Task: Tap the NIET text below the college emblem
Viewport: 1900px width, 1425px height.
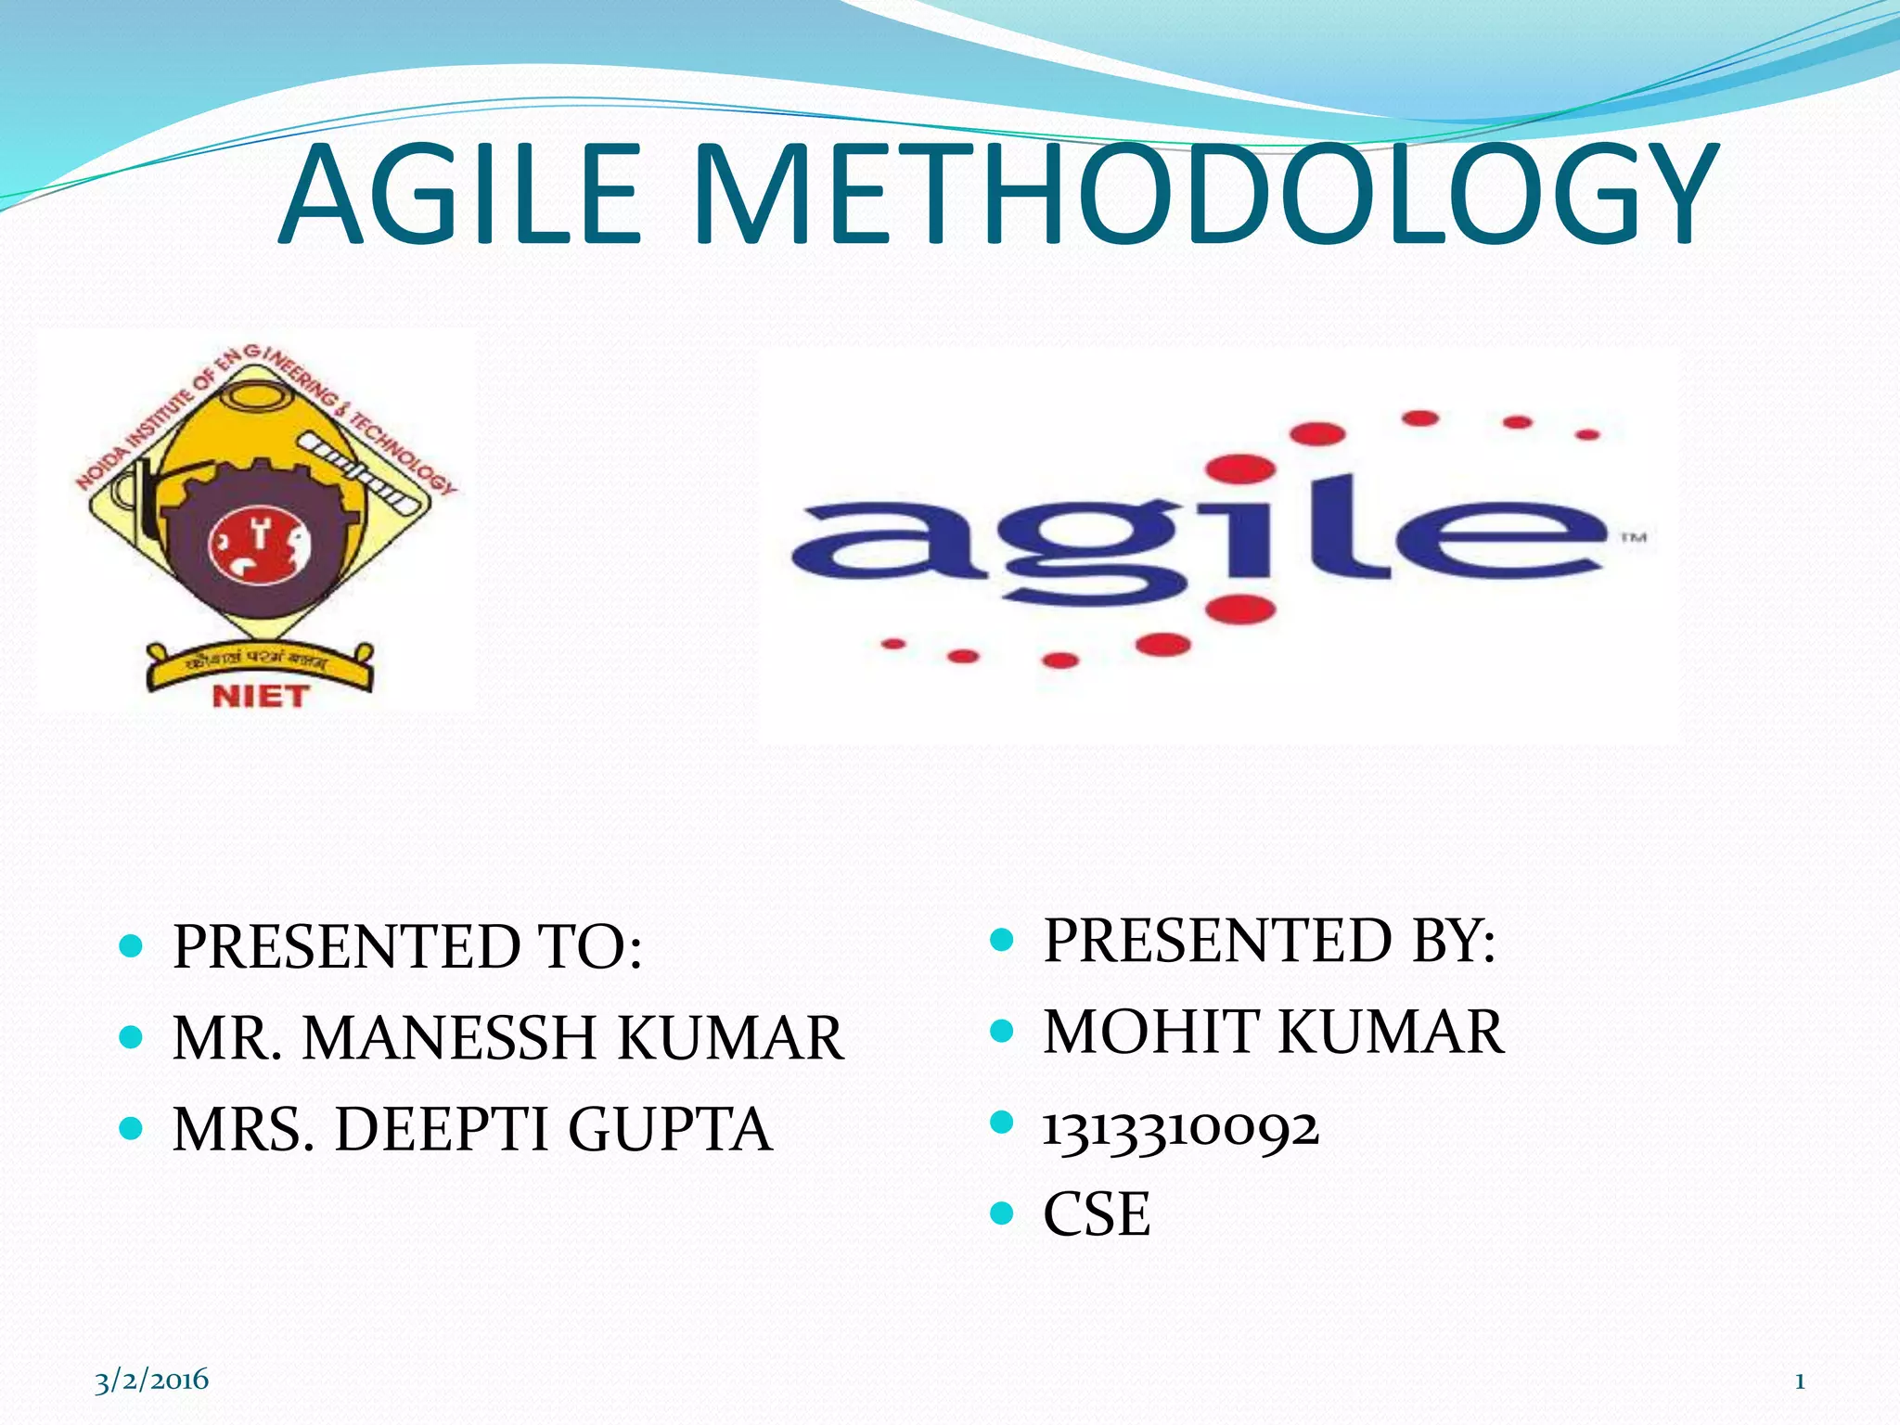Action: (x=260, y=696)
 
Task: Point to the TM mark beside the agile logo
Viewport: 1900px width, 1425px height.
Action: (x=1634, y=537)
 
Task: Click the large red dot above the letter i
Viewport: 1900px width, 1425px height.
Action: (x=1240, y=469)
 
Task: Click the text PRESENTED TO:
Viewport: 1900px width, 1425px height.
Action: (x=407, y=948)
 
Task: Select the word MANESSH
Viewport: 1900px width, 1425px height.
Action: (x=449, y=1038)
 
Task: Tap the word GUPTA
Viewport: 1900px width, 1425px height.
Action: (x=669, y=1130)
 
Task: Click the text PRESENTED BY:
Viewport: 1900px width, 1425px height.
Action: (x=1269, y=942)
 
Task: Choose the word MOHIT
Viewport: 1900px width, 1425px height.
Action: (x=1151, y=1033)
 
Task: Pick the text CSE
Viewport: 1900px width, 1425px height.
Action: (x=1097, y=1214)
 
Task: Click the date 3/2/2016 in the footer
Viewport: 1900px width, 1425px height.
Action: (x=152, y=1380)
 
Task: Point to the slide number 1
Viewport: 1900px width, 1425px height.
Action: (x=1799, y=1381)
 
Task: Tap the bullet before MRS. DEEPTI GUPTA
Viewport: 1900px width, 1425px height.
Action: (x=132, y=1129)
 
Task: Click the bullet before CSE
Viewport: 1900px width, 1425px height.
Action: (x=1002, y=1213)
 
